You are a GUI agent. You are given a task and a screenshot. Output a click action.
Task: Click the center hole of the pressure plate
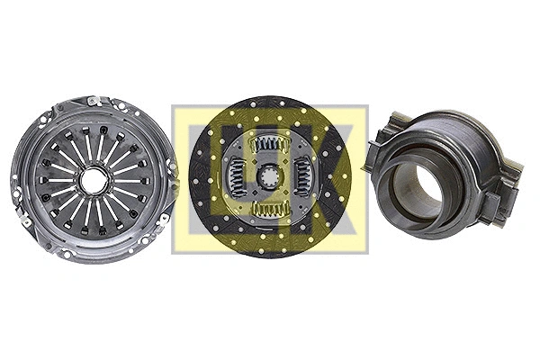93,180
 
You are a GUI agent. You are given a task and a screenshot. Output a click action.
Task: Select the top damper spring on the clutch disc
271,141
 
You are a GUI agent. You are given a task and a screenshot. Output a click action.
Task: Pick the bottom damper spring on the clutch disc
269,209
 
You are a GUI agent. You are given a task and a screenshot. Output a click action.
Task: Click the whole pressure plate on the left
93,180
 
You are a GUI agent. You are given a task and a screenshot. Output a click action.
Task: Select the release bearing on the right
441,171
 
